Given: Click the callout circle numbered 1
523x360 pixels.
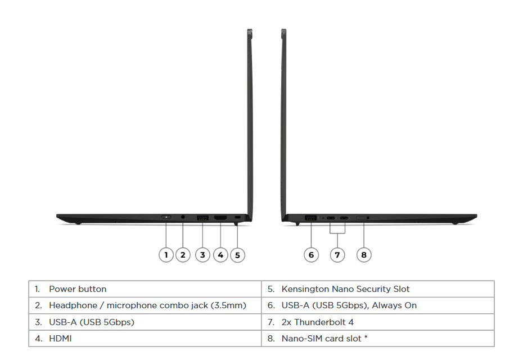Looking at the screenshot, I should click(x=166, y=255).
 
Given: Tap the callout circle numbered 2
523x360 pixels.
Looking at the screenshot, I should click(x=183, y=255).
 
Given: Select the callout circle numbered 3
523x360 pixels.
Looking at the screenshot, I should click(x=202, y=255).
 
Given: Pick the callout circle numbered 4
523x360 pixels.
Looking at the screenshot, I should click(x=220, y=255).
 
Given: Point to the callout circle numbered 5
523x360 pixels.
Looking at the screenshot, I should click(x=237, y=255).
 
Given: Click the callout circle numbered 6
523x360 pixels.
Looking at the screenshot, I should click(x=312, y=255).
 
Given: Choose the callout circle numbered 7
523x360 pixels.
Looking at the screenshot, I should click(x=337, y=255).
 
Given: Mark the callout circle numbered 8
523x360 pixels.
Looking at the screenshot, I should click(x=364, y=255).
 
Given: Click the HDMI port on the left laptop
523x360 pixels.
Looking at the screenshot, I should click(x=220, y=217).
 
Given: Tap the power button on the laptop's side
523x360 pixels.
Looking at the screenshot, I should click(x=166, y=217).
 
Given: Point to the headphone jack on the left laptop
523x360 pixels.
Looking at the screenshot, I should click(x=183, y=217).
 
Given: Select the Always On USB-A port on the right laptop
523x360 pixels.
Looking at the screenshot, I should click(x=310, y=217).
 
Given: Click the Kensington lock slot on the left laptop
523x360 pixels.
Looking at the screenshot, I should click(x=237, y=218).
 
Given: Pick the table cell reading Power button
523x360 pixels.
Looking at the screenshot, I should click(x=78, y=289).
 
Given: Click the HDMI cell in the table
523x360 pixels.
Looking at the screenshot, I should click(x=60, y=339).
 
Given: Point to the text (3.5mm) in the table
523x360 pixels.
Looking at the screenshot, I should click(x=228, y=305).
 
